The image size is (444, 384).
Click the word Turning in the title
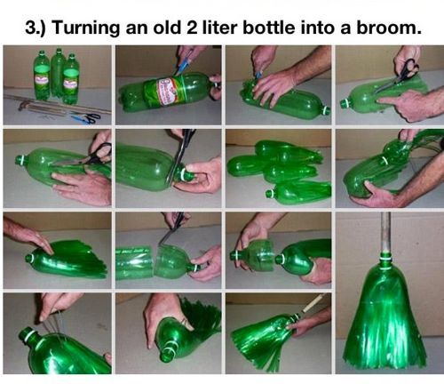click(86, 28)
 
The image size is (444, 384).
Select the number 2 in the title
click(192, 28)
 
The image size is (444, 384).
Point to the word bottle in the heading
click(269, 27)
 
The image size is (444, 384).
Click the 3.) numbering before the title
click(35, 28)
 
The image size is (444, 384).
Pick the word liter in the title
click(220, 27)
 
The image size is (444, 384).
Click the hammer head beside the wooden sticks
click(22, 105)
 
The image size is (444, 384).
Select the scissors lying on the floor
click(86, 117)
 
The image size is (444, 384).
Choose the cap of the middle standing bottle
click(59, 50)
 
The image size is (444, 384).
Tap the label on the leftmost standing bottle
click(42, 78)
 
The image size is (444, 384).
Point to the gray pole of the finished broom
click(385, 232)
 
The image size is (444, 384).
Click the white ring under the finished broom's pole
click(385, 258)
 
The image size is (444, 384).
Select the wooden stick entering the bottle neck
click(312, 303)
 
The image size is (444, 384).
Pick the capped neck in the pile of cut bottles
click(270, 194)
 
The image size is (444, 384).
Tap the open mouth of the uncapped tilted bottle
click(168, 354)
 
